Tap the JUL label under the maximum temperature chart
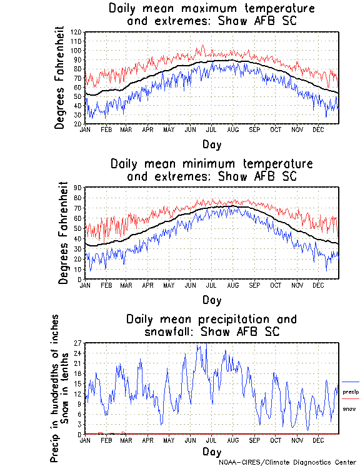(x=211, y=129)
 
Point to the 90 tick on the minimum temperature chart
(x=79, y=188)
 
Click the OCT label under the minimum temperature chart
(x=276, y=285)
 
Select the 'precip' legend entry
(x=351, y=391)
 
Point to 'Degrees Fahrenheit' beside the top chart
(x=60, y=78)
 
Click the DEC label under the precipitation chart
(x=318, y=440)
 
